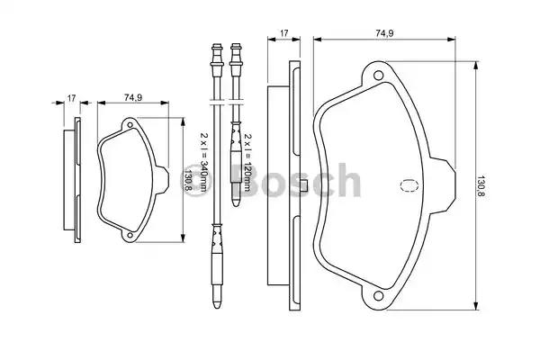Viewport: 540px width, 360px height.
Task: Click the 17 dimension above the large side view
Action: click(x=283, y=33)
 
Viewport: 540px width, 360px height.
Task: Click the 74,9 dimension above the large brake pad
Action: click(x=384, y=33)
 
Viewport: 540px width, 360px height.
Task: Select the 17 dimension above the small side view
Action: click(x=71, y=98)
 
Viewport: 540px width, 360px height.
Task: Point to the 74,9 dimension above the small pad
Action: click(x=133, y=98)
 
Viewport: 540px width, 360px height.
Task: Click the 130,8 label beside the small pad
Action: click(x=188, y=179)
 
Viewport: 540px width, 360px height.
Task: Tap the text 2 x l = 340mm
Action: click(x=204, y=162)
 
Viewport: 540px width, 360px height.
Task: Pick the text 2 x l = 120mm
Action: click(x=248, y=162)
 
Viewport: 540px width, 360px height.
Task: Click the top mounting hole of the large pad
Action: click(x=378, y=75)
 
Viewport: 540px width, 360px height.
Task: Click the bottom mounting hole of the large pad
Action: click(x=378, y=295)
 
